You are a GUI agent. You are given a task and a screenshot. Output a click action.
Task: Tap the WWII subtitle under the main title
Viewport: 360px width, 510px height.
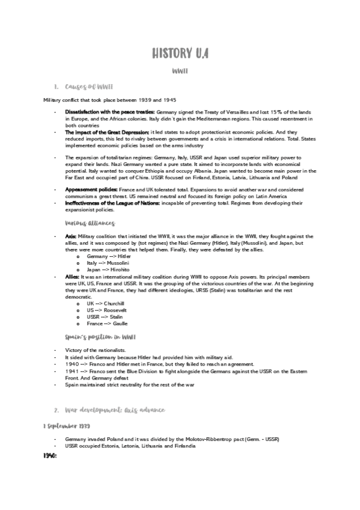pyautogui.click(x=180, y=72)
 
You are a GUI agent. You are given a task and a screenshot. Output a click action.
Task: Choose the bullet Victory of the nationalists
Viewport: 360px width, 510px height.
pyautogui.click(x=93, y=350)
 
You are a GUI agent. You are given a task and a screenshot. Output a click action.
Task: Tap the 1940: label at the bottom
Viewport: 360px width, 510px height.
pyautogui.click(x=50, y=456)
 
